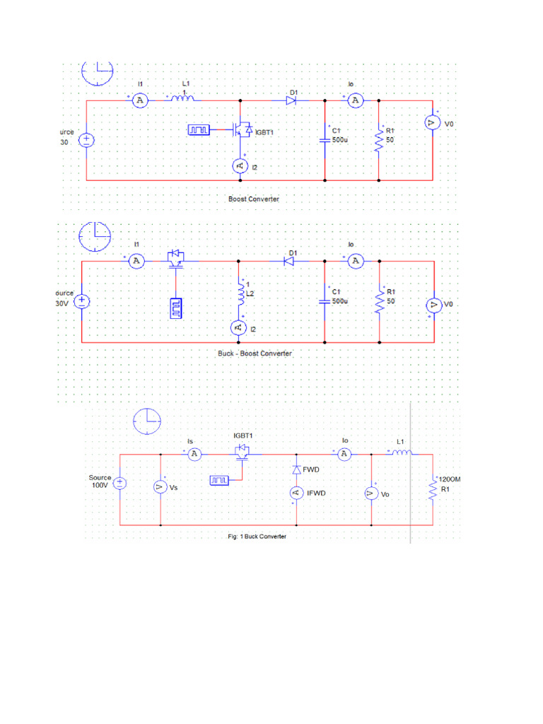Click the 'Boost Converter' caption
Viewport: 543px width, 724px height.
click(253, 199)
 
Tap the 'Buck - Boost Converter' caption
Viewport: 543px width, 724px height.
click(255, 353)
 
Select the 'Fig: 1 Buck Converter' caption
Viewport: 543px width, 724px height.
click(257, 537)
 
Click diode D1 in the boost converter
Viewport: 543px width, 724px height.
click(291, 101)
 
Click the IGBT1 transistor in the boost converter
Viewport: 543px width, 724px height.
click(243, 130)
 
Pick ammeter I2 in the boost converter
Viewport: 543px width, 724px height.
click(238, 165)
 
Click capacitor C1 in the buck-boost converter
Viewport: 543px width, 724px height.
click(325, 300)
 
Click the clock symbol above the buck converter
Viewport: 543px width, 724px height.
click(147, 421)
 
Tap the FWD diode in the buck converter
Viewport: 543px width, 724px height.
click(296, 470)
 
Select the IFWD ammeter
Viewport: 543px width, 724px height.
click(296, 494)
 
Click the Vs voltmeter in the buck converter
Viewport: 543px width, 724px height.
click(160, 487)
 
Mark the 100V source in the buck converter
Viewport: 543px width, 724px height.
click(119, 483)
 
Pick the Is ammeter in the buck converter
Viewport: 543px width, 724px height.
click(194, 454)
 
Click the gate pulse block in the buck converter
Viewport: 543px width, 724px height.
click(220, 481)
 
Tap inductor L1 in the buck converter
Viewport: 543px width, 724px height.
click(400, 454)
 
